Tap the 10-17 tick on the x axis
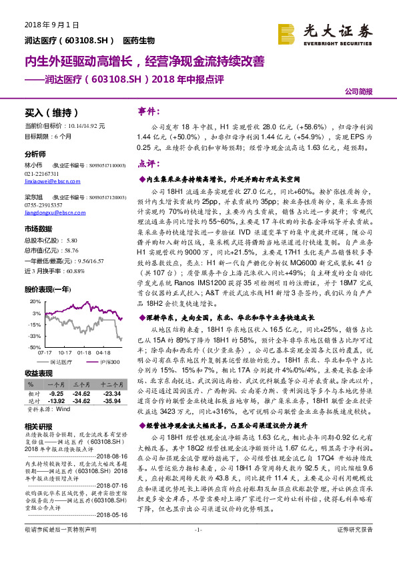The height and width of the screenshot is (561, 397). tap(65, 353)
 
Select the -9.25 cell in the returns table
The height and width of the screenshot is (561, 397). tap(56, 393)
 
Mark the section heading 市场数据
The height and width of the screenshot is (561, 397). tap(39, 229)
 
